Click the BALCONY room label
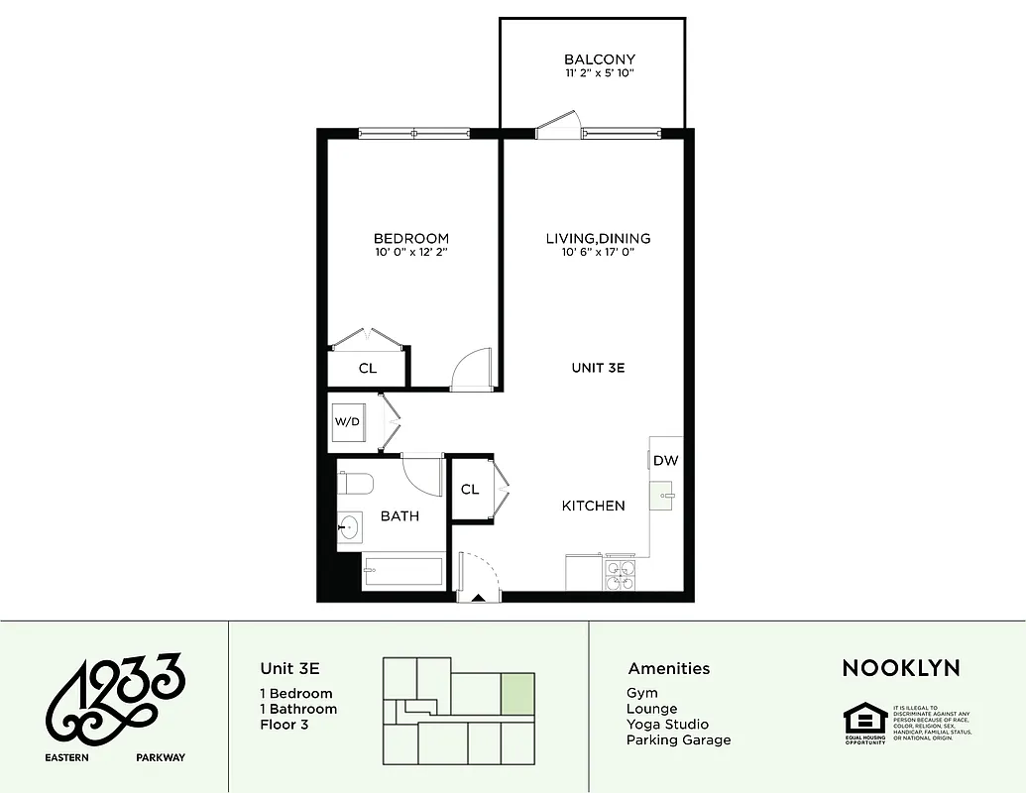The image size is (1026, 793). click(x=599, y=59)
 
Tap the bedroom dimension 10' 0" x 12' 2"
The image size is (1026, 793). click(x=410, y=254)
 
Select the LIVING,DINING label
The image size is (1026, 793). click(x=598, y=238)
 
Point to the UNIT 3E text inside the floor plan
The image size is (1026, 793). click(x=598, y=368)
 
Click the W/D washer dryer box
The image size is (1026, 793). click(x=348, y=421)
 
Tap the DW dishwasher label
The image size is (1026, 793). click(x=665, y=461)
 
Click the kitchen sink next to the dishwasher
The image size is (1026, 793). click(x=665, y=494)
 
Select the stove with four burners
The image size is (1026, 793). click(x=620, y=575)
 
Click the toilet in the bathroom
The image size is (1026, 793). click(x=354, y=484)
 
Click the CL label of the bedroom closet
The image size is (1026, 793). click(x=368, y=369)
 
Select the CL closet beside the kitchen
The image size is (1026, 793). click(x=470, y=490)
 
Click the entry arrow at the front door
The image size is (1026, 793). click(x=478, y=598)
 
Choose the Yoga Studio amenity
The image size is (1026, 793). click(x=667, y=725)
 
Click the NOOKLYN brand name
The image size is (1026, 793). click(x=901, y=668)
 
